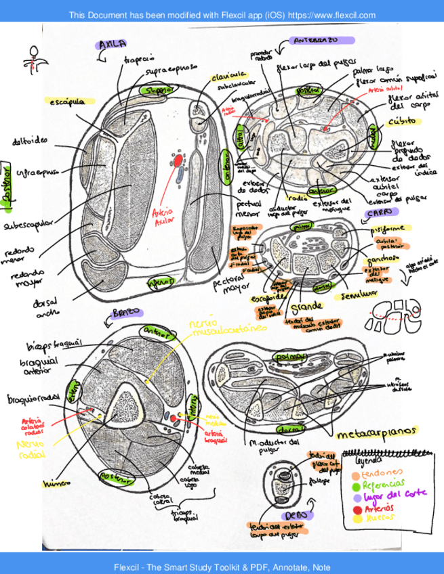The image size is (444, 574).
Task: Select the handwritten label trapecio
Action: click(x=140, y=60)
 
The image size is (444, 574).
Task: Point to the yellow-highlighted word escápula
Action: click(x=67, y=102)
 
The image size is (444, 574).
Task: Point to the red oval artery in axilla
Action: click(x=178, y=162)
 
